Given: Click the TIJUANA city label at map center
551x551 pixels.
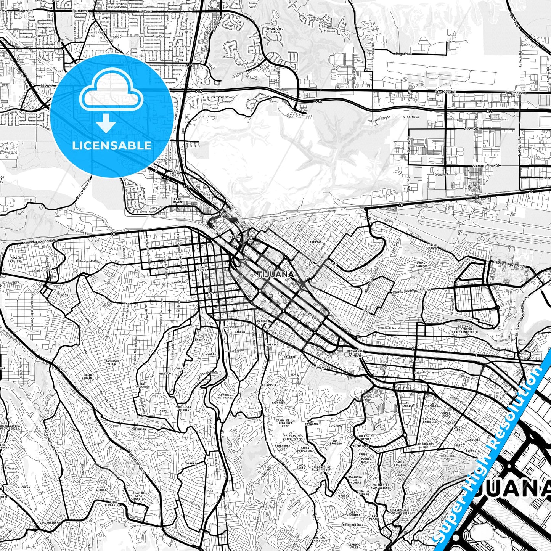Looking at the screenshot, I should pyautogui.click(x=275, y=275).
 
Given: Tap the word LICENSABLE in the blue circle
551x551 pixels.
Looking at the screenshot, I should pyautogui.click(x=111, y=146).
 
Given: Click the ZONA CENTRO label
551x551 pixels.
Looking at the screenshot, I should pyautogui.click(x=201, y=269).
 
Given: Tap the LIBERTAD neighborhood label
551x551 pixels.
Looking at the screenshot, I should pyautogui.click(x=315, y=242).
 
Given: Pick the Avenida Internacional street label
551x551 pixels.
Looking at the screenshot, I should pyautogui.click(x=40, y=241).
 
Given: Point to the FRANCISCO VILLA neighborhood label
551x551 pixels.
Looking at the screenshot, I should pyautogui.click(x=111, y=362).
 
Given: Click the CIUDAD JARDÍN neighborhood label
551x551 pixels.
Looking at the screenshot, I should pyautogui.click(x=87, y=376).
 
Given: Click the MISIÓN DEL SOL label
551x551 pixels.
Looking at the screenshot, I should pyautogui.click(x=16, y=259).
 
